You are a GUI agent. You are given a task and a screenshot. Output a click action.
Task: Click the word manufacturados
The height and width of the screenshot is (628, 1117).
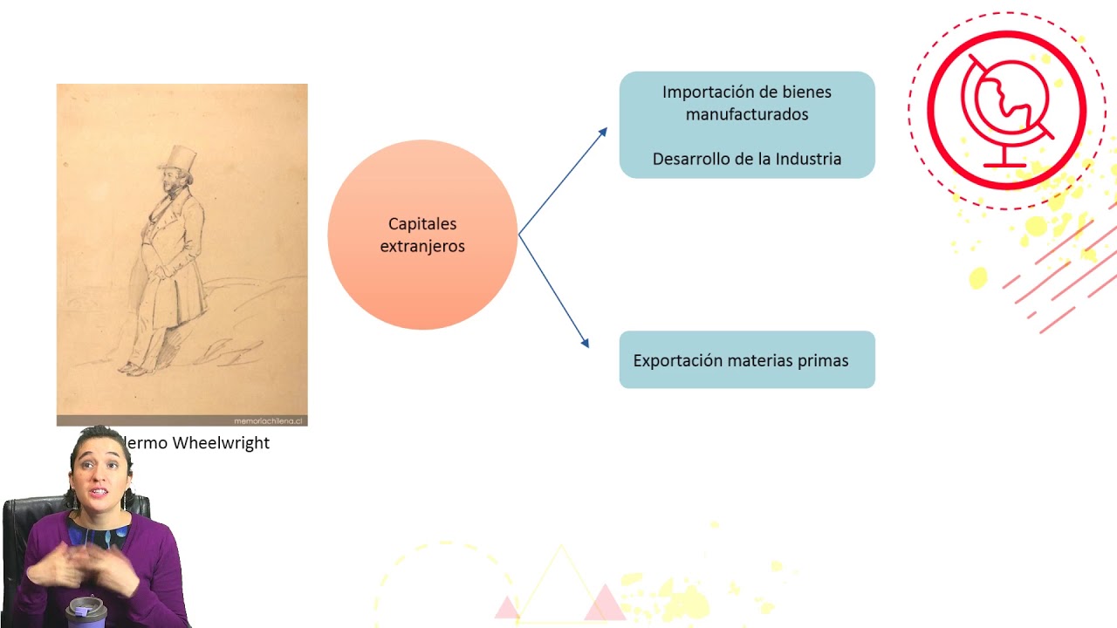click(x=747, y=115)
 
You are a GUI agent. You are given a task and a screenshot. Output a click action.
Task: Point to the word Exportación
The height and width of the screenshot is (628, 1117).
click(x=679, y=361)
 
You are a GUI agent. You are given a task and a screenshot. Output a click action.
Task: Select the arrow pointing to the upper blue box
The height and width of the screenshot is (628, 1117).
click(x=563, y=181)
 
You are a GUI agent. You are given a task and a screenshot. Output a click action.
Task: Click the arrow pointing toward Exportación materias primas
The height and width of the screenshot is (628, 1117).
click(x=555, y=292)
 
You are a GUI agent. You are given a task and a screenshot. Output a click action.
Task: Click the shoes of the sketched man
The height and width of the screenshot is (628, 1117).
click(x=134, y=370)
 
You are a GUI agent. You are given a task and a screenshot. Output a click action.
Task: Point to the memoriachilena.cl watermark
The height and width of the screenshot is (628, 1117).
click(x=268, y=420)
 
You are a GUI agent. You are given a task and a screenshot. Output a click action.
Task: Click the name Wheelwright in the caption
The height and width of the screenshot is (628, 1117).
click(x=221, y=443)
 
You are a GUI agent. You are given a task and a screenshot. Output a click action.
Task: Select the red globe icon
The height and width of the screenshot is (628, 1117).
click(x=1007, y=109)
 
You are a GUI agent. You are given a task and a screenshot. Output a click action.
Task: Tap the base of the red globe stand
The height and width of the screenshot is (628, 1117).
click(x=1004, y=165)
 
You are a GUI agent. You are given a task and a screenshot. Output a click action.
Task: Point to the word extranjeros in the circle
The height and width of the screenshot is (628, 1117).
click(x=422, y=247)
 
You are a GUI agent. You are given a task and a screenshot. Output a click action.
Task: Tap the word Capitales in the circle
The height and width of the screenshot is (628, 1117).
click(x=422, y=225)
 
